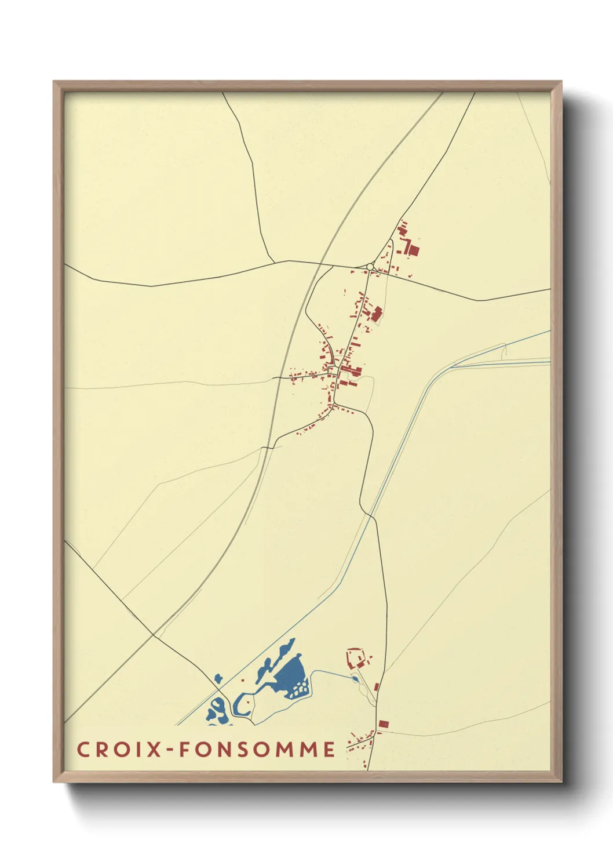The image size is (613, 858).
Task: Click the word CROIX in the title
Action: pos(119,749)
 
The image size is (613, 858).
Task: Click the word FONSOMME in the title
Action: pos(257,749)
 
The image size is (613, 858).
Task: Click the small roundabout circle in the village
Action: pos(370,267)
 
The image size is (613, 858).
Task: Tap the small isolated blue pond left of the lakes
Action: pos(218,678)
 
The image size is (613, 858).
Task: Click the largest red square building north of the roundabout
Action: pos(414,250)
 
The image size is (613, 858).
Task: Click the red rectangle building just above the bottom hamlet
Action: pos(382,724)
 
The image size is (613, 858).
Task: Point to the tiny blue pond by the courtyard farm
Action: pos(355,679)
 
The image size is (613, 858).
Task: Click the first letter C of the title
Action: pos(83,749)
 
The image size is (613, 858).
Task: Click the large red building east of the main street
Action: pos(377,315)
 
